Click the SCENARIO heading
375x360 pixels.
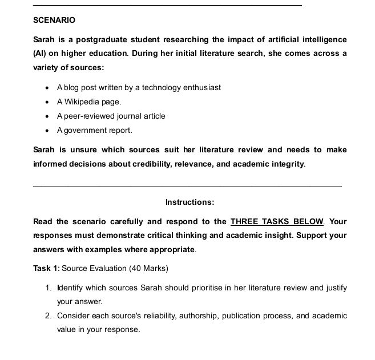(54, 20)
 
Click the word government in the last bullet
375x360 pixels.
(84, 130)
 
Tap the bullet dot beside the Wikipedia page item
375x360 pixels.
(46, 102)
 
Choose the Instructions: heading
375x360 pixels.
(189, 202)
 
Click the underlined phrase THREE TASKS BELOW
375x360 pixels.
(277, 221)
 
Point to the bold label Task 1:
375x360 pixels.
(46, 268)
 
